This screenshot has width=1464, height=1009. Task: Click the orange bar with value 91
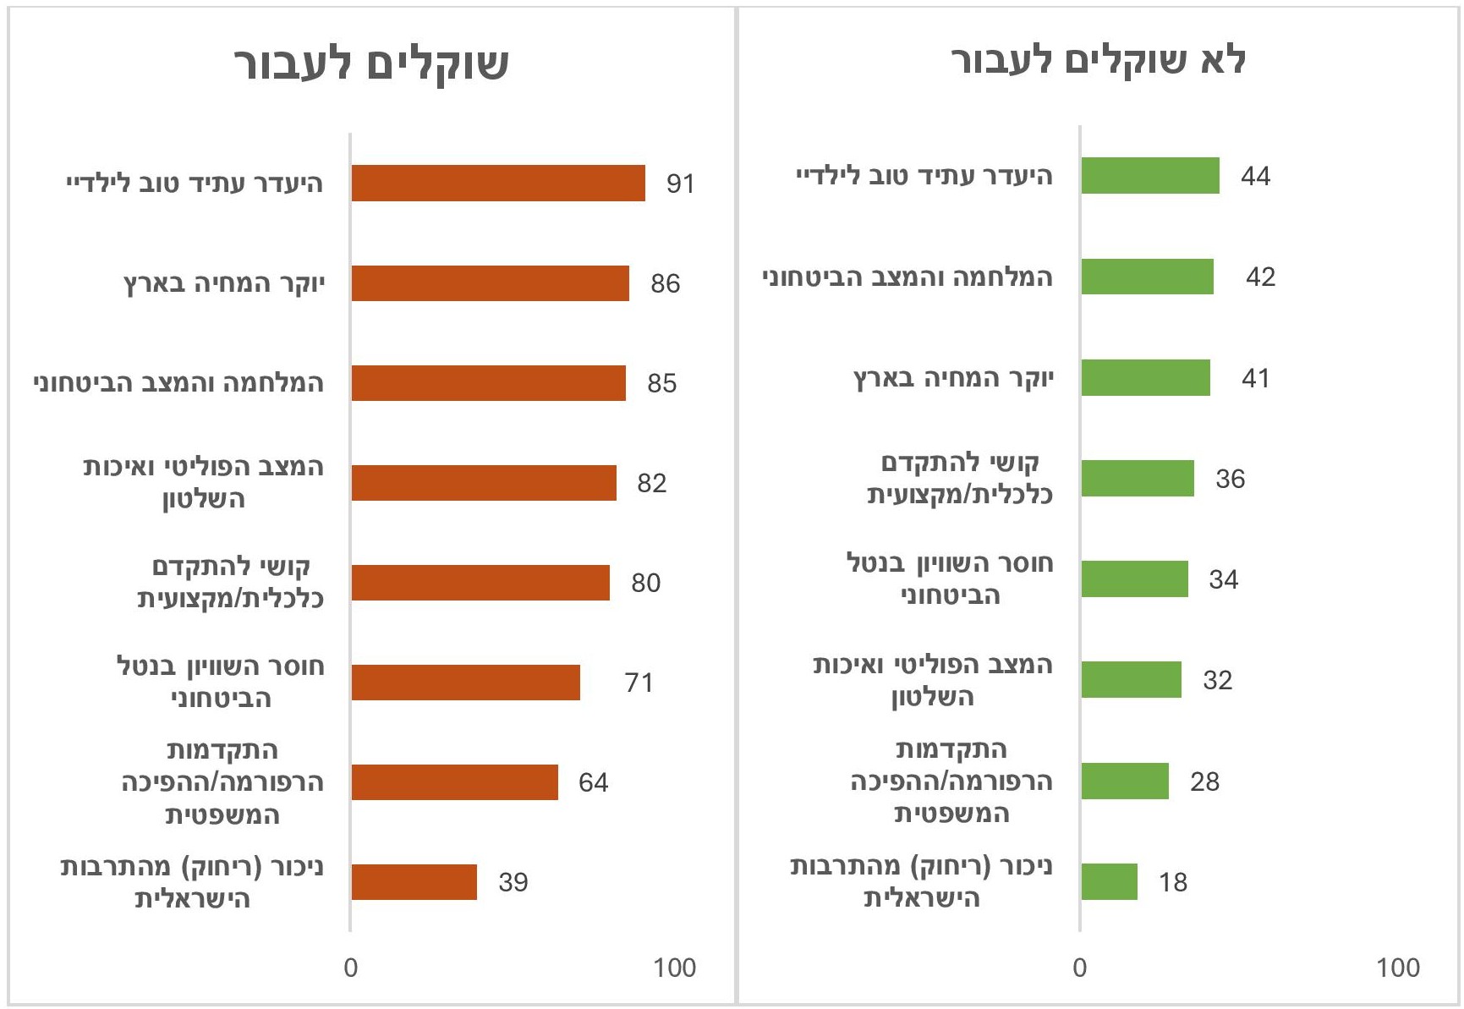[x=498, y=184]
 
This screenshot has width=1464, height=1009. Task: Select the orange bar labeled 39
[x=414, y=882]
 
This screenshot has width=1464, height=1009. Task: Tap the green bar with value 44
[x=1150, y=176]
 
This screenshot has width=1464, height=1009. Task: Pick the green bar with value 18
[x=1110, y=882]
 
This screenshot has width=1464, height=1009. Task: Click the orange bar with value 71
[x=466, y=683]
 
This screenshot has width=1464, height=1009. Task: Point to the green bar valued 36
[x=1138, y=479]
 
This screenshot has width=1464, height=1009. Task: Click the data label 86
[x=666, y=283]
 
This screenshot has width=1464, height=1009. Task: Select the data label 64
[x=593, y=782]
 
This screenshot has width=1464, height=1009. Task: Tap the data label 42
[x=1260, y=277]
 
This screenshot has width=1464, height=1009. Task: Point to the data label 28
[x=1204, y=781]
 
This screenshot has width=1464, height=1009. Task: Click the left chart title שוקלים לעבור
[x=371, y=63]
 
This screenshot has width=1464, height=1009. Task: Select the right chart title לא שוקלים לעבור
[x=1099, y=61]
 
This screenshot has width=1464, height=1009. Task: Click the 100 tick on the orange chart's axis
[x=674, y=968]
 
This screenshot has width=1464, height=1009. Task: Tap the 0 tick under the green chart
[x=1080, y=968]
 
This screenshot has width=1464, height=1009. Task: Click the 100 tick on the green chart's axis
[x=1398, y=968]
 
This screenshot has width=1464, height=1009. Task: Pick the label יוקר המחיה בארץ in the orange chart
[x=224, y=283]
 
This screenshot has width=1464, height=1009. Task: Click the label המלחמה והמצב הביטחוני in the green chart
[x=907, y=277]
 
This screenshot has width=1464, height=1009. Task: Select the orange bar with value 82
[x=484, y=483]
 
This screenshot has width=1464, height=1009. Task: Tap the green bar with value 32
[x=1132, y=680]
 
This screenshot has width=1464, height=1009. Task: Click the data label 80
[x=645, y=583]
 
